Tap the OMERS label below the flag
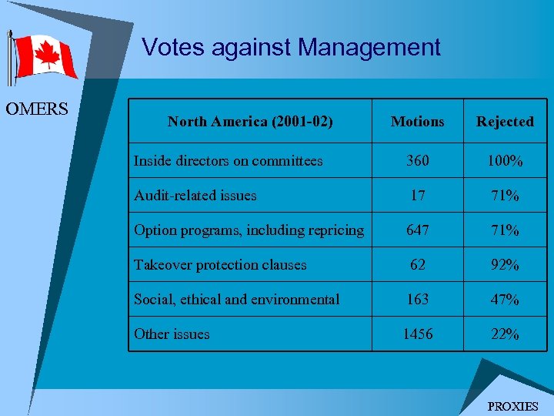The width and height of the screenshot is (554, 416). (x=37, y=109)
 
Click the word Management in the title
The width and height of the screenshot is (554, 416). (x=369, y=48)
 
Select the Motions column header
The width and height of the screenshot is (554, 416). (x=417, y=122)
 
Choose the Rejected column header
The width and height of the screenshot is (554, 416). (x=505, y=122)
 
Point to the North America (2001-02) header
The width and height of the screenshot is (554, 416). (x=250, y=122)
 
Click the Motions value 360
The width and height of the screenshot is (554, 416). (x=417, y=161)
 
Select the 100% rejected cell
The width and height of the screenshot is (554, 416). (x=505, y=161)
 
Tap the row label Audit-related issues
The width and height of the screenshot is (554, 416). (x=195, y=196)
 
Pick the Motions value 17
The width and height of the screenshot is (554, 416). (x=417, y=196)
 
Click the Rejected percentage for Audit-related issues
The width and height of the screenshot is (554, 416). (x=505, y=196)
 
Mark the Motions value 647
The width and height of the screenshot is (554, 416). (x=417, y=230)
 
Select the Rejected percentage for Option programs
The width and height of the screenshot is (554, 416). (x=505, y=230)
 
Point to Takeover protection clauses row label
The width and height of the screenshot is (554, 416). (x=220, y=265)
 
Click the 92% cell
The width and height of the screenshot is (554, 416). (x=505, y=265)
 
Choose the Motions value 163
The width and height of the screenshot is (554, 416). (x=417, y=300)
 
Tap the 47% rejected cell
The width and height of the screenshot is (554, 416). (x=505, y=300)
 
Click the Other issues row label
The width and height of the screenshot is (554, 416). (x=172, y=334)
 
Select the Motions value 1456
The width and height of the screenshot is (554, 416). (x=417, y=334)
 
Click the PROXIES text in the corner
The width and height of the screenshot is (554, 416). (x=513, y=406)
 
